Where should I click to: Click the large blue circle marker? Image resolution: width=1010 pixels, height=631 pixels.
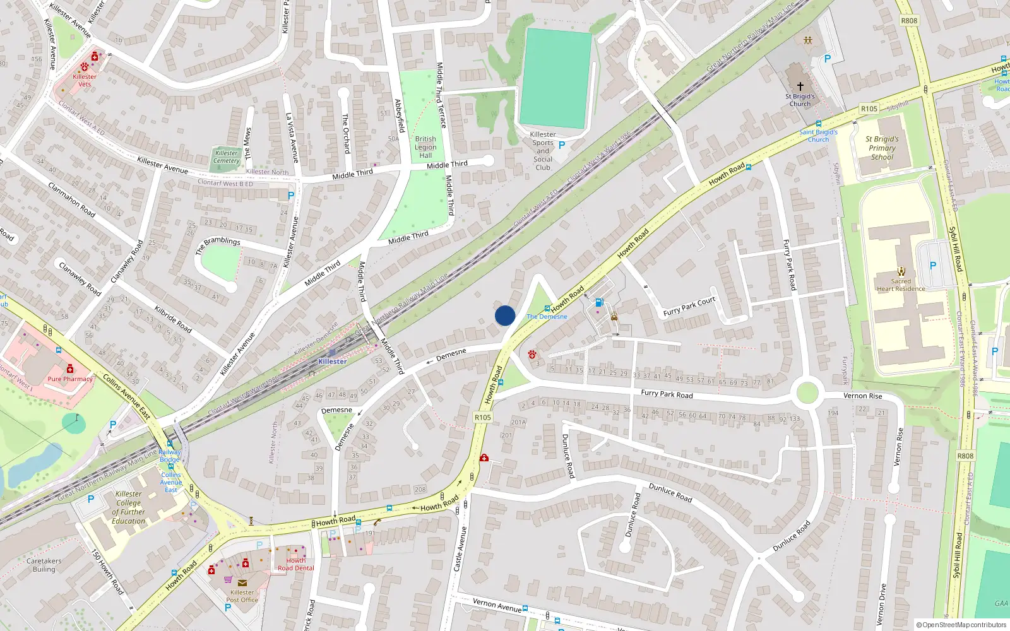point(505,315)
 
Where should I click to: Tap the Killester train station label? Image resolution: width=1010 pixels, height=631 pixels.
point(333,362)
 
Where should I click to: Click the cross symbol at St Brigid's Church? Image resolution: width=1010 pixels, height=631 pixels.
point(800,86)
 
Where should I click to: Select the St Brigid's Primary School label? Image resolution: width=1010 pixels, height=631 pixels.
point(882,148)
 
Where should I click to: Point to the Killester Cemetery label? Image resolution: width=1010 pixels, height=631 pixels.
point(226,156)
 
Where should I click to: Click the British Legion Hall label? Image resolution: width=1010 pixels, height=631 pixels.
point(425,147)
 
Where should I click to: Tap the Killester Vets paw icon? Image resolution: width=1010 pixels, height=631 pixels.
point(85,67)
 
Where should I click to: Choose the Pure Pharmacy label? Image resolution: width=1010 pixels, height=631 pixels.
point(70,379)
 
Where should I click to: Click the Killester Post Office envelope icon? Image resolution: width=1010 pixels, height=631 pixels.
point(242,583)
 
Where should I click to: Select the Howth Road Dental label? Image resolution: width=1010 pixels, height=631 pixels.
point(295,564)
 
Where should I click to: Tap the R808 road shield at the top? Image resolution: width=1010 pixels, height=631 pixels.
point(909,21)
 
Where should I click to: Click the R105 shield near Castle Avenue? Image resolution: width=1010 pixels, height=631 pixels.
point(482,417)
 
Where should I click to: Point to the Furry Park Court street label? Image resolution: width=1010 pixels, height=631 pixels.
point(689,306)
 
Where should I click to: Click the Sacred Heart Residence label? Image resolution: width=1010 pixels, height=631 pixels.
point(901,285)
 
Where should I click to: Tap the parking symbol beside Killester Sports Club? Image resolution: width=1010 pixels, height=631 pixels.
point(562,145)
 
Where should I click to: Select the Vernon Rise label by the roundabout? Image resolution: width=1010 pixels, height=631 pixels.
point(862,396)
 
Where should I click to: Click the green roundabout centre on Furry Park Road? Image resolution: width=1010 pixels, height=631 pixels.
point(807,392)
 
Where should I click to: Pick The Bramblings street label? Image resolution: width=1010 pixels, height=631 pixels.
point(218,245)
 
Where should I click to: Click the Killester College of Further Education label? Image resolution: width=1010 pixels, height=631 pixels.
point(129,507)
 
